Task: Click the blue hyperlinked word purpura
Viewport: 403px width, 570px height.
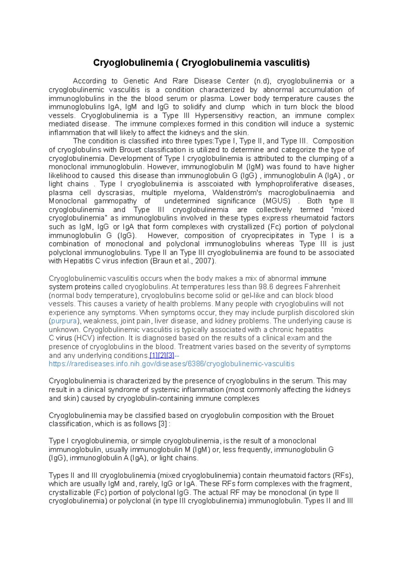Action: [64, 321]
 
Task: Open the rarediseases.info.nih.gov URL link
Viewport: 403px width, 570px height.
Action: [171, 364]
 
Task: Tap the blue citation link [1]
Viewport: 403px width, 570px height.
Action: [153, 355]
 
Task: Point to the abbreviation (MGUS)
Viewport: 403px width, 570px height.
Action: [277, 201]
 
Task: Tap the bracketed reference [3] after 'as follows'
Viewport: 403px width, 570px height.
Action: [163, 424]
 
